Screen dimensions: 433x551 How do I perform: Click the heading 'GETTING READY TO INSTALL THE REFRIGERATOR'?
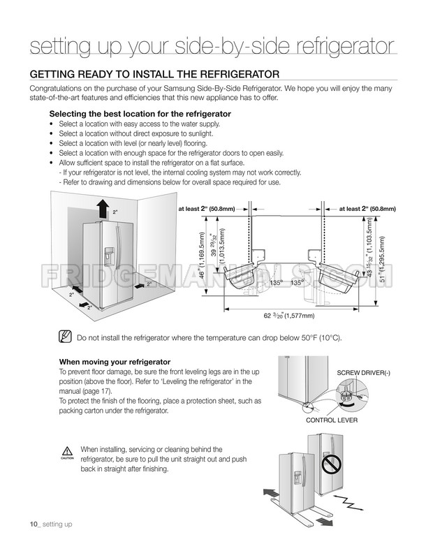154,75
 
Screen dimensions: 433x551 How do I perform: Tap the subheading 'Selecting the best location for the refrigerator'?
140,114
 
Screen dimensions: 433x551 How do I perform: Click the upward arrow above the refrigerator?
103,208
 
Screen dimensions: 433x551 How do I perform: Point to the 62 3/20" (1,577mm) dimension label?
289,316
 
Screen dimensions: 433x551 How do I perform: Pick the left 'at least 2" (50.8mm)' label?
206,209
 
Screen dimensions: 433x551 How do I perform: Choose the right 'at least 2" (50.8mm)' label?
367,209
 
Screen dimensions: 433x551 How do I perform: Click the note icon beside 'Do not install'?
66,337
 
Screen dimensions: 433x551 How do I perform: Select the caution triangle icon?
67,451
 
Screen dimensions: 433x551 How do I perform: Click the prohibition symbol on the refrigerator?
331,466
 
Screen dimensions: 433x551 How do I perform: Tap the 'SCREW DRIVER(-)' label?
363,373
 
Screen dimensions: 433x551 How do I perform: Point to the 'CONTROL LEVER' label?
332,420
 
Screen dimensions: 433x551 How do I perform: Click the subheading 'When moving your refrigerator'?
115,362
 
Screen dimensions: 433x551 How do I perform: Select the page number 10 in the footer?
34,524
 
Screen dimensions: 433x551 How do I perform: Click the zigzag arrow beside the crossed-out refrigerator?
348,502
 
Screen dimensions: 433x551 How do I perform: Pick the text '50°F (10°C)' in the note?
321,338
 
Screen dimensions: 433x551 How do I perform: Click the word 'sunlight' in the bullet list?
200,134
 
